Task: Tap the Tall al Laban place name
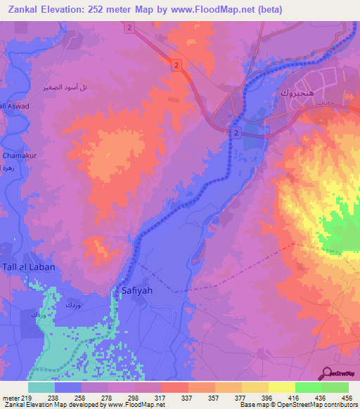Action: tap(27, 268)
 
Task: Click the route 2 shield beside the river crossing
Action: tap(237, 132)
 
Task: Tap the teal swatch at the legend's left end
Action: tap(41, 387)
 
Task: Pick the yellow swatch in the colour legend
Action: tap(281, 387)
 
